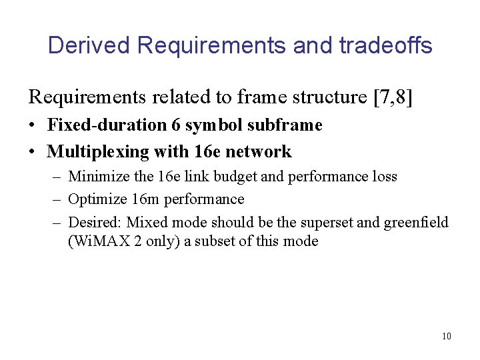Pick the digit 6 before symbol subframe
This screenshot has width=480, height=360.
[175, 125]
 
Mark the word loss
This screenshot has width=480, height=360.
[385, 177]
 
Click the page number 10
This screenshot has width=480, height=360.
[446, 336]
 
